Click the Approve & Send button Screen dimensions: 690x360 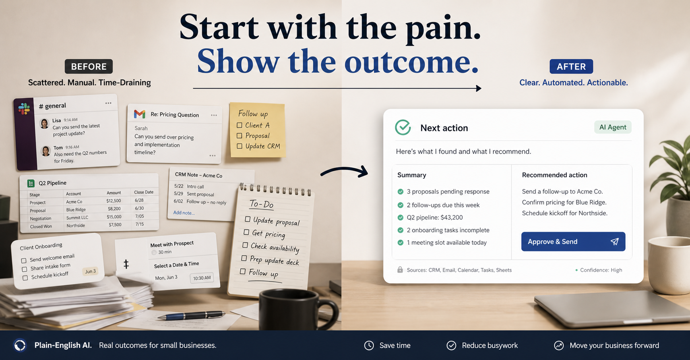pos(573,242)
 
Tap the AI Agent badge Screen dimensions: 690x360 pos(612,127)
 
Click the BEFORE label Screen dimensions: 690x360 pos(89,66)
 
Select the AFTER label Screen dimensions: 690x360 pos(571,66)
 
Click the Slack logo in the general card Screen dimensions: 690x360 pos(24,108)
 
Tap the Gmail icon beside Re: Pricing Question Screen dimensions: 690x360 pos(140,114)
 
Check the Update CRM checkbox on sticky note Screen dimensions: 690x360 pos(239,146)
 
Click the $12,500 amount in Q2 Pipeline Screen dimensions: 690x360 pos(114,201)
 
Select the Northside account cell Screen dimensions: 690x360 pos(76,226)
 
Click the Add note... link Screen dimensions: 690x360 pos(184,213)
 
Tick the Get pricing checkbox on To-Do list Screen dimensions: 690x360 pos(246,232)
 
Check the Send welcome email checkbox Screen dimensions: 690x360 pos(24,261)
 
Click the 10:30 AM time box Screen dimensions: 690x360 pos(202,278)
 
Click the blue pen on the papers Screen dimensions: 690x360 pos(191,315)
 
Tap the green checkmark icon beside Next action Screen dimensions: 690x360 pos(403,128)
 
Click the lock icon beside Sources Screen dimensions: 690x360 pos(400,270)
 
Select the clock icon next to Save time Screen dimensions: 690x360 pos(369,345)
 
